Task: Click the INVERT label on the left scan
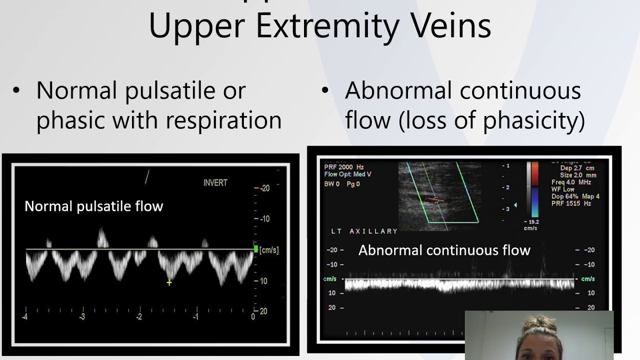pos(215,183)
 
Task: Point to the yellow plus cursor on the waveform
pos(169,282)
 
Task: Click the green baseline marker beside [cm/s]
pos(256,249)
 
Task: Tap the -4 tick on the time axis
pos(24,316)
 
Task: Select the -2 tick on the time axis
pos(139,316)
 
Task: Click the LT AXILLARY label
pos(364,231)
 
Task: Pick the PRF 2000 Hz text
pos(344,167)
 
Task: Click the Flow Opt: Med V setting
pos(347,174)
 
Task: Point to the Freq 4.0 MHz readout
pos(571,182)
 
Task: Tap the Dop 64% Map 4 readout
pos(575,196)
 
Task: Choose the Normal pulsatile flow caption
pos(93,206)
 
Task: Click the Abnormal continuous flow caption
pos(444,250)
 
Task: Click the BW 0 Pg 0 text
pos(342,184)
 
